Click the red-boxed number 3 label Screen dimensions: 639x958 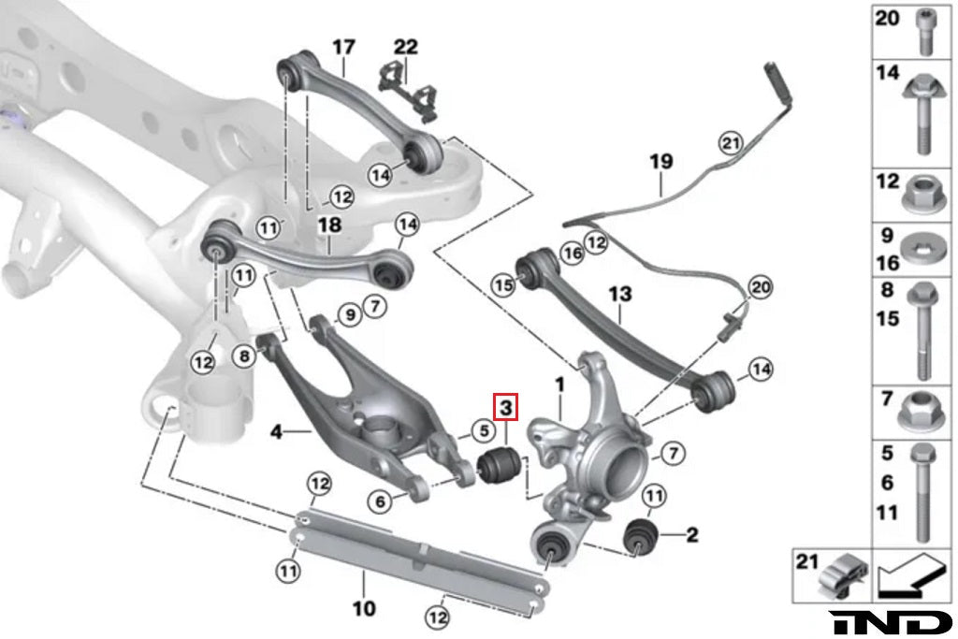(x=505, y=408)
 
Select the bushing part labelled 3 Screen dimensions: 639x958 (x=498, y=462)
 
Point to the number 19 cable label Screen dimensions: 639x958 (x=660, y=161)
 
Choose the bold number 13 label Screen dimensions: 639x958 (x=620, y=295)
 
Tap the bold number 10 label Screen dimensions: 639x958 (x=364, y=609)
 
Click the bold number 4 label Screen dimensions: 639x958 (x=276, y=432)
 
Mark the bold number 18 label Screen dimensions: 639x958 (x=329, y=225)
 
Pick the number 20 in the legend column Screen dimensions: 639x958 (x=886, y=17)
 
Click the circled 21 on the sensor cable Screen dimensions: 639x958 (x=730, y=143)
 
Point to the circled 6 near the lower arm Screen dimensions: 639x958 (x=381, y=502)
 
